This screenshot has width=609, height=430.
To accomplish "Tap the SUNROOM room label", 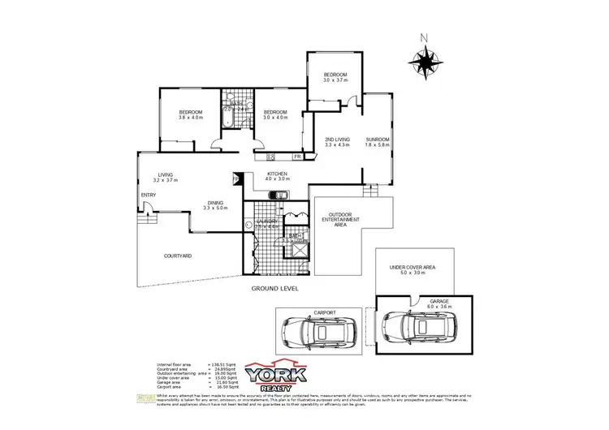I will [x=378, y=142].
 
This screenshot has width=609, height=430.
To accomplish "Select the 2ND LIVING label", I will [x=336, y=142].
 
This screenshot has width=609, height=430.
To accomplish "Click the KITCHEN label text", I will [x=278, y=176].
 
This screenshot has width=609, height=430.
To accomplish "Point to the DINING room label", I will [x=214, y=206].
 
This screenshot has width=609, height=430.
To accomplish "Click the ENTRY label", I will [x=149, y=195].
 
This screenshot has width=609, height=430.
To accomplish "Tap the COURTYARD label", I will [x=177, y=256].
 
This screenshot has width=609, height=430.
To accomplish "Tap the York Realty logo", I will [x=279, y=376].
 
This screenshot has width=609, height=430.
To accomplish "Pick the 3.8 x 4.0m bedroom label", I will [x=191, y=114].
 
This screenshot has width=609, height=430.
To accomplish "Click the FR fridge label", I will [x=297, y=156].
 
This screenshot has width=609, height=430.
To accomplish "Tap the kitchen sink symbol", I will [x=277, y=195].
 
